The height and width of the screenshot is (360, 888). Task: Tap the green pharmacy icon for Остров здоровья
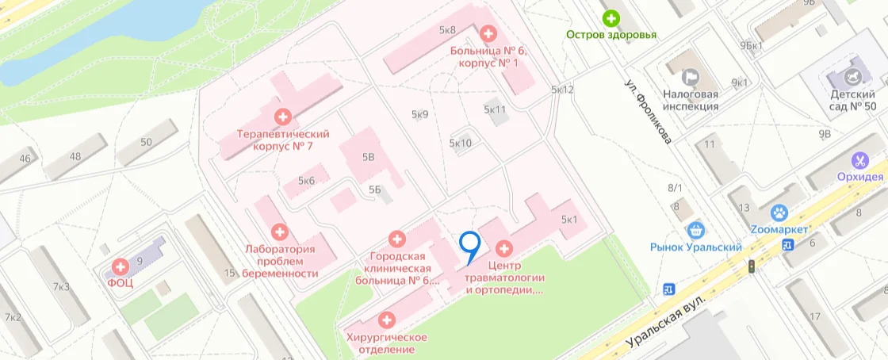pyautogui.click(x=610, y=17)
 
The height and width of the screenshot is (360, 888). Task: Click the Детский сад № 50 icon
pyautogui.click(x=852, y=77)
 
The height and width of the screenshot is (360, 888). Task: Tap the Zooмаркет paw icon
pyautogui.click(x=778, y=213)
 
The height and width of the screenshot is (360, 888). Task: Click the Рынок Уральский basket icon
pyautogui.click(x=696, y=230)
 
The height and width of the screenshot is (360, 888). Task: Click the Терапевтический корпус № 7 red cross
pyautogui.click(x=282, y=117)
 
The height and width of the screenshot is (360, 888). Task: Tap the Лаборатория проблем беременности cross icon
pyautogui.click(x=279, y=232)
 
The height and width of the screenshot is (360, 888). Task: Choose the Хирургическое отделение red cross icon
pyautogui.click(x=386, y=320)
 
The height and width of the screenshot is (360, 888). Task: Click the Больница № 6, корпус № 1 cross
pyautogui.click(x=488, y=34)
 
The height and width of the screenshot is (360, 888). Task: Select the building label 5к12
pyautogui.click(x=562, y=90)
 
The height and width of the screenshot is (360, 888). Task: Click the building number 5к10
pyautogui.click(x=461, y=144)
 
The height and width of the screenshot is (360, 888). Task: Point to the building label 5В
pyautogui.click(x=368, y=157)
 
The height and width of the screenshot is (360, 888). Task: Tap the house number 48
pyautogui.click(x=75, y=155)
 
